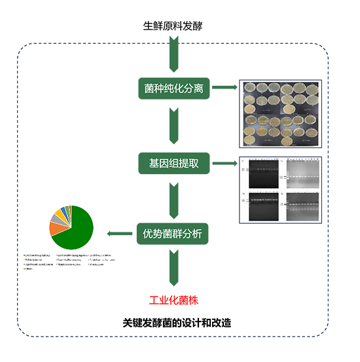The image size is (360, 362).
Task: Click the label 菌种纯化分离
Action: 173,88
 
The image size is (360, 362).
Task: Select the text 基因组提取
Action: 173,161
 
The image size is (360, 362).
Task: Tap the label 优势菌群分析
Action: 173,233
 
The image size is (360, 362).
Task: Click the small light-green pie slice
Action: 68,209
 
